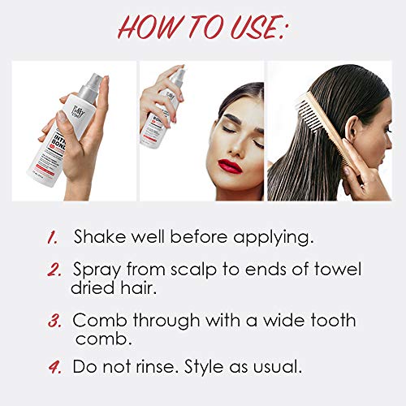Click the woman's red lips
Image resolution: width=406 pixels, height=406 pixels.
coord(231,166)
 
